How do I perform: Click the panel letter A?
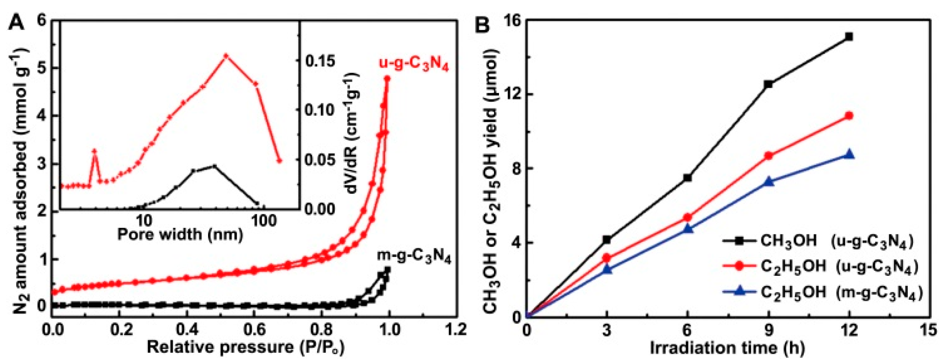coord(17,22)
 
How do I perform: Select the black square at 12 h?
coord(849,36)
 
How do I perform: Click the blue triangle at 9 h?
coord(768,181)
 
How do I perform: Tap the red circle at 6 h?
coord(688,217)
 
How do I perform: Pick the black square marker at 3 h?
coord(607,239)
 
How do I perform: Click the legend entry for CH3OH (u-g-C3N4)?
coord(818,241)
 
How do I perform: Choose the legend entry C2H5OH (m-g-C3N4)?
coord(822,292)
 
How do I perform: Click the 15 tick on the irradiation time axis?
coord(929,330)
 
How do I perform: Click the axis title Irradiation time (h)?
coord(727,349)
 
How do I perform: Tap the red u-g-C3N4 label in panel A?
coord(413,64)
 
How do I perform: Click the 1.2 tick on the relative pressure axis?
coord(455,330)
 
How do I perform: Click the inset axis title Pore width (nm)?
coord(180,234)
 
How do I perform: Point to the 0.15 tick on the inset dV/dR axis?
coord(320,61)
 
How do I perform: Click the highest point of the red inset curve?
coord(226,55)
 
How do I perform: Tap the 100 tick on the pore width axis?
coord(264,221)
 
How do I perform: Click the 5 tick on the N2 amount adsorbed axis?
coord(42,68)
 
